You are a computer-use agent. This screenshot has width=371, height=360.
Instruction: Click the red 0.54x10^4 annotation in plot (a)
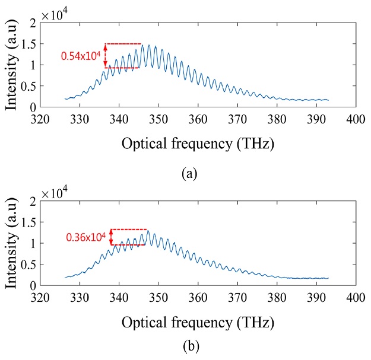click(81, 56)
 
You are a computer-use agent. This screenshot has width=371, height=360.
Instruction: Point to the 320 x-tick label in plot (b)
click(41, 297)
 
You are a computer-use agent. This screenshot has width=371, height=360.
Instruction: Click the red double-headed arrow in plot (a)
click(106, 56)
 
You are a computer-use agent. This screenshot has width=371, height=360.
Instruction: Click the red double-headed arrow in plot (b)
click(112, 237)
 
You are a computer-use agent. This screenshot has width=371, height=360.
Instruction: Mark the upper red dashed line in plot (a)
click(123, 44)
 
